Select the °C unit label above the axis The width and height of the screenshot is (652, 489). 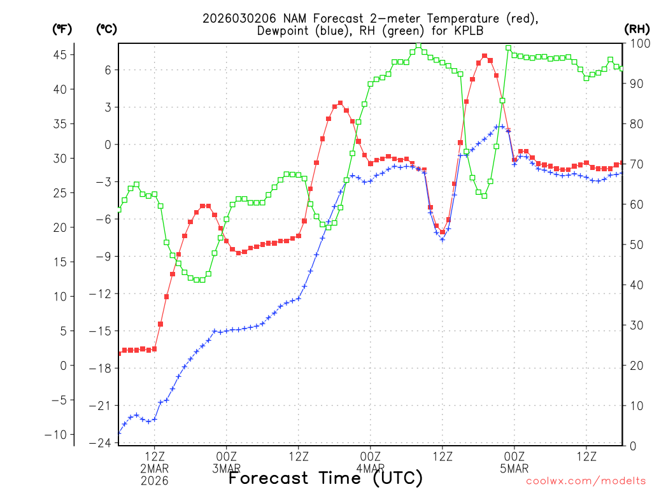tap(107, 29)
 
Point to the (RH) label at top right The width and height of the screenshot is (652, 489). tap(637, 29)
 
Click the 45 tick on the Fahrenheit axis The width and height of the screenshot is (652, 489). tap(60, 55)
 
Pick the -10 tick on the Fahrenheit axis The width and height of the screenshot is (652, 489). tap(57, 434)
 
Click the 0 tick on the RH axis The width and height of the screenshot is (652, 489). tap(630, 446)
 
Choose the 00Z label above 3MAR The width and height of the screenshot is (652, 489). tap(227, 457)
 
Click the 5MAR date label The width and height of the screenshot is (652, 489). tap(514, 469)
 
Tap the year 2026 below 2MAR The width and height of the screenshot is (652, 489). tap(155, 481)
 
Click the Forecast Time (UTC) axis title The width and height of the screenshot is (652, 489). tap(325, 478)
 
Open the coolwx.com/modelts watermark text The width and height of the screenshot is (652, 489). tap(585, 482)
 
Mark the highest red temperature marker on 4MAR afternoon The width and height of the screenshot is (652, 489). tap(485, 56)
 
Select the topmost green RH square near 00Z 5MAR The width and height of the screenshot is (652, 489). tap(508, 48)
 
